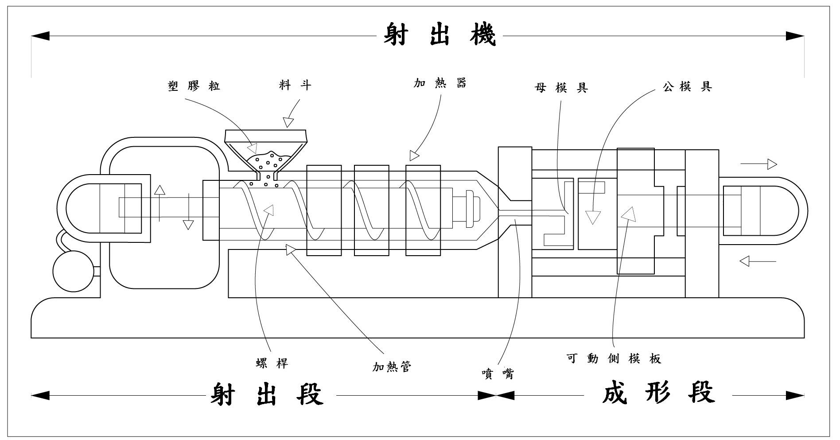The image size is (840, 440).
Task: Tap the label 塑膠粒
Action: pyautogui.click(x=194, y=86)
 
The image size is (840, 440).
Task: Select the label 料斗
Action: pyautogui.click(x=295, y=85)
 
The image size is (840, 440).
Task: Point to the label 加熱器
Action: pyautogui.click(x=440, y=83)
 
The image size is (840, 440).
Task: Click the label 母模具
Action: pyautogui.click(x=561, y=88)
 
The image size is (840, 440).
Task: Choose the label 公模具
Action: pyautogui.click(x=687, y=86)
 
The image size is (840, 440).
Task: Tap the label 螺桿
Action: pyautogui.click(x=272, y=363)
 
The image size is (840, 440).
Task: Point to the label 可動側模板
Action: pyautogui.click(x=614, y=358)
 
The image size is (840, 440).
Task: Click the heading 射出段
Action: pyautogui.click(x=267, y=395)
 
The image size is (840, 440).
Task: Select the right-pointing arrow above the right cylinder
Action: pyautogui.click(x=759, y=164)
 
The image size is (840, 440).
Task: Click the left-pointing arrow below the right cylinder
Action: pyautogui.click(x=758, y=261)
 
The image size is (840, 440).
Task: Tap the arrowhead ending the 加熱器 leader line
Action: pyautogui.click(x=414, y=156)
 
